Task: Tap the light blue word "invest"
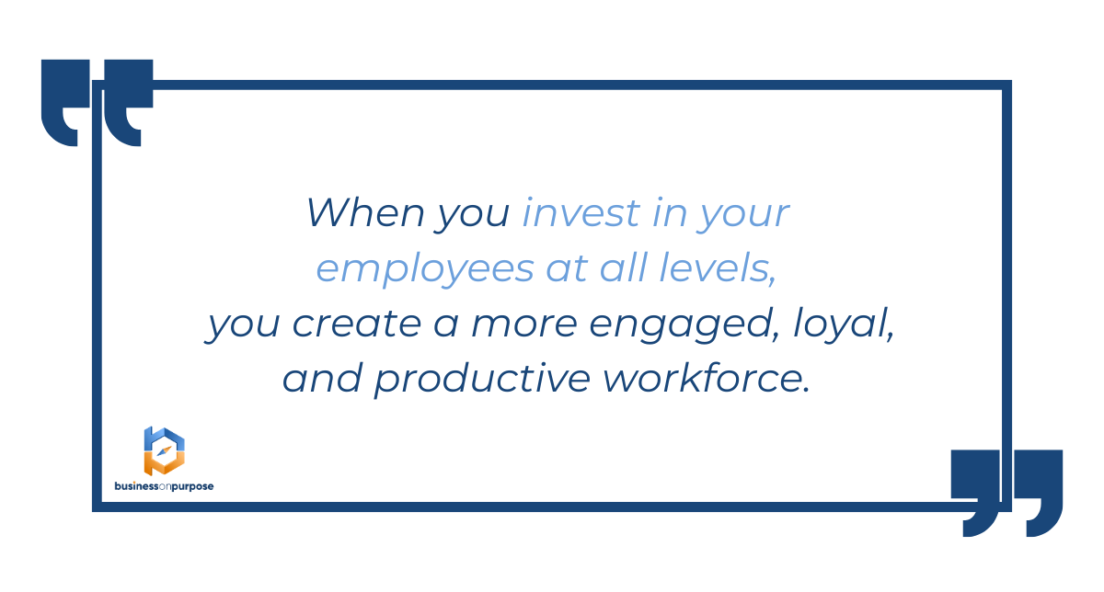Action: [x=581, y=212]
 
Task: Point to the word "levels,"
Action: [x=719, y=268]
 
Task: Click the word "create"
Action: [x=357, y=324]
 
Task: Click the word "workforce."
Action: [x=707, y=378]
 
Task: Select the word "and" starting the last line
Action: [x=322, y=378]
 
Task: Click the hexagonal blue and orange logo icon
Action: [x=164, y=451]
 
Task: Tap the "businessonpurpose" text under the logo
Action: [x=164, y=486]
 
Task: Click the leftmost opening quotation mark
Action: [x=65, y=103]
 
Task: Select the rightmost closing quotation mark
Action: [x=1039, y=493]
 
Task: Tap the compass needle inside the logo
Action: [x=164, y=451]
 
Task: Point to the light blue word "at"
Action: [x=567, y=269]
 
